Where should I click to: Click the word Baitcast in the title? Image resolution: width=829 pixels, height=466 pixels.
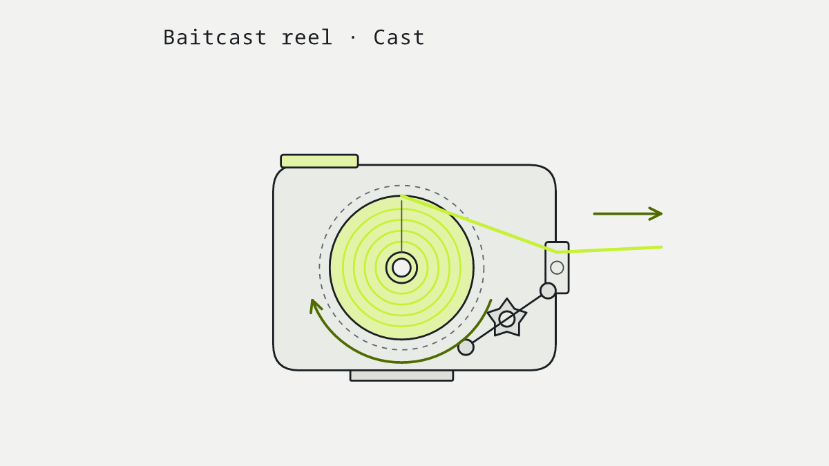click(215, 37)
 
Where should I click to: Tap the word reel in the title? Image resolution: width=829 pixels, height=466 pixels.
click(307, 37)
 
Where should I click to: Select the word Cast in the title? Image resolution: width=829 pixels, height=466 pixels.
click(399, 37)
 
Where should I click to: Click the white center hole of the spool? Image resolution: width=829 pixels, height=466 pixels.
click(401, 268)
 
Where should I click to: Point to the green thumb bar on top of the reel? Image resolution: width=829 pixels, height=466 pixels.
click(319, 162)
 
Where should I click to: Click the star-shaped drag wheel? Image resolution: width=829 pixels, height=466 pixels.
click(507, 318)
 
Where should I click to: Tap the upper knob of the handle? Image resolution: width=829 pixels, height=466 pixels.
click(548, 291)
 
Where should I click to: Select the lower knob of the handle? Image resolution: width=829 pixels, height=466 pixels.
click(466, 347)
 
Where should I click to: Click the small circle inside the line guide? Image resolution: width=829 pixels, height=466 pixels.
click(557, 268)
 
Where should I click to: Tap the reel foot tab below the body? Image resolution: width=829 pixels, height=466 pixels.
click(402, 376)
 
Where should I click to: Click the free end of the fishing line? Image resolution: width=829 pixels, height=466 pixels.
click(661, 247)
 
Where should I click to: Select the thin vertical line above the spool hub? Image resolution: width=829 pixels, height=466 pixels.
click(401, 226)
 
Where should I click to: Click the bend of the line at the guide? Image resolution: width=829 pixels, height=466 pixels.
click(558, 252)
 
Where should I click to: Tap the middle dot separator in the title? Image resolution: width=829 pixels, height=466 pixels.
click(353, 37)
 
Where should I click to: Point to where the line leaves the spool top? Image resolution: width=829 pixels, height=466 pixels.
click(402, 196)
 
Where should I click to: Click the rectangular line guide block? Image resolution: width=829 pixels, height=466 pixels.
click(557, 268)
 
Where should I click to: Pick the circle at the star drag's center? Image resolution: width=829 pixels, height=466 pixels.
click(507, 319)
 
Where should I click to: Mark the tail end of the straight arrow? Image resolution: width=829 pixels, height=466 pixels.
click(594, 214)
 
